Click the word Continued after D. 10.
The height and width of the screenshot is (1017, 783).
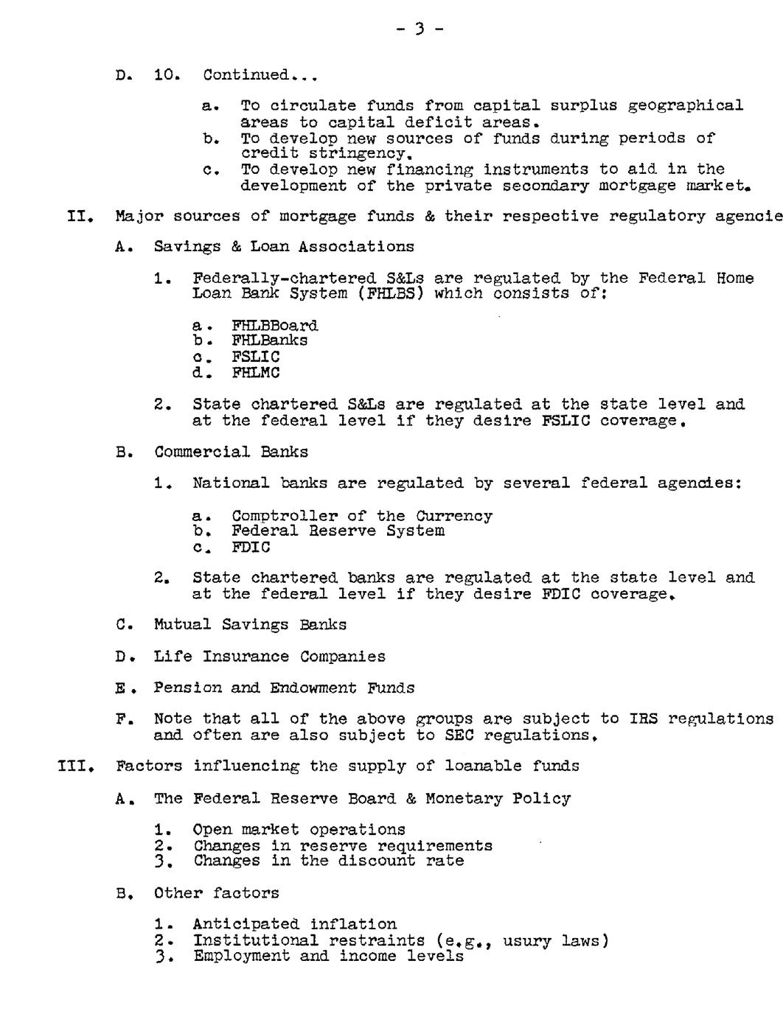pos(246,75)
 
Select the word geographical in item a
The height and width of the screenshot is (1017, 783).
pos(685,106)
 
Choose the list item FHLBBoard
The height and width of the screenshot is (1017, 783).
pos(274,326)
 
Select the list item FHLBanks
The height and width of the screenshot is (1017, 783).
pos(269,340)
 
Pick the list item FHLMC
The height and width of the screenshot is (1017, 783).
pos(255,373)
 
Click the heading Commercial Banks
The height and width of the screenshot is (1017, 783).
pos(231,452)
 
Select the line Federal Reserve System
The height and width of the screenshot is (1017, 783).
pos(338,531)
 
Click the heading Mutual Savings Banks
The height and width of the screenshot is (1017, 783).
pos(250,625)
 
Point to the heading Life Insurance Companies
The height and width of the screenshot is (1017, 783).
pos(269,657)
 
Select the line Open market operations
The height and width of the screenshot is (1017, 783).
pos(299,831)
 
